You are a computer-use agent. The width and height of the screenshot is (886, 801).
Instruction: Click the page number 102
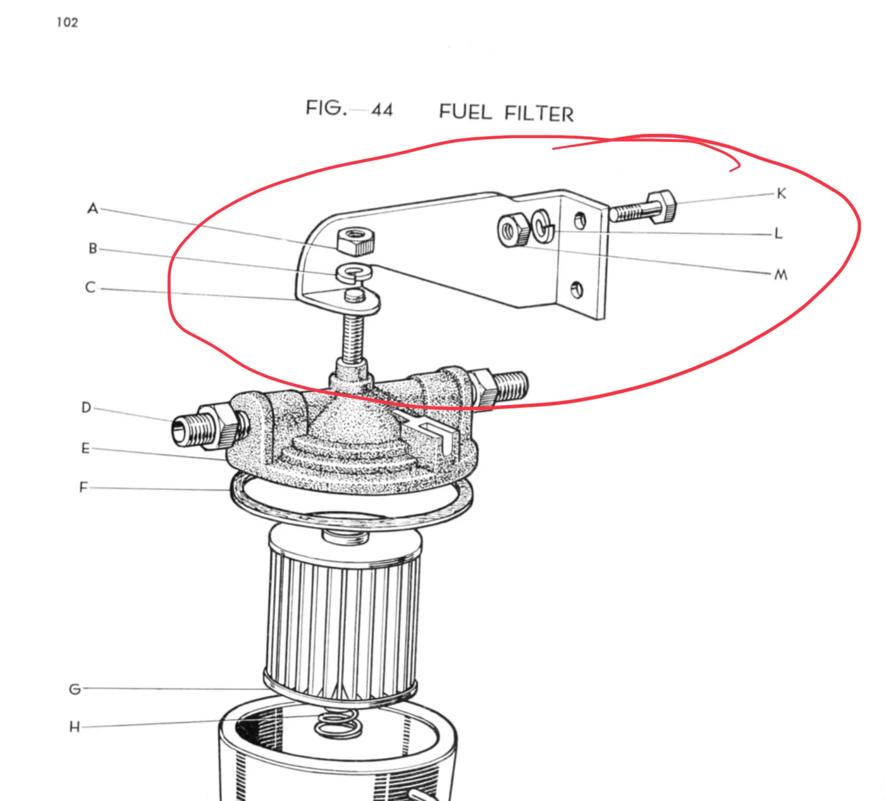coord(68,23)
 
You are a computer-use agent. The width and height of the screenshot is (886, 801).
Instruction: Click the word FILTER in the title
coord(539,114)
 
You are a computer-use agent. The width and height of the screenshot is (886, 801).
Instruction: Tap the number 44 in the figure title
coord(382,110)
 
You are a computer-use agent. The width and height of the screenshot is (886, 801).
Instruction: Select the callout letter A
coord(93,208)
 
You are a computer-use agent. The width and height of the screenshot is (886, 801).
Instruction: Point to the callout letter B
coord(93,249)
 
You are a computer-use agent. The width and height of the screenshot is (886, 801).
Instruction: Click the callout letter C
coord(90,287)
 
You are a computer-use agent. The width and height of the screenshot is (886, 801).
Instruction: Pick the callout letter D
coord(87,407)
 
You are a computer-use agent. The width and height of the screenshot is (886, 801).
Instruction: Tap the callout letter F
coord(83,487)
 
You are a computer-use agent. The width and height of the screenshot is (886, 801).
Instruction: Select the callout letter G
coord(75,689)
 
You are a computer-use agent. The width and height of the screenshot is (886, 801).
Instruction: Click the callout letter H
coord(75,727)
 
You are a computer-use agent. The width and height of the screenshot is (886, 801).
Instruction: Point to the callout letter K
coord(781,194)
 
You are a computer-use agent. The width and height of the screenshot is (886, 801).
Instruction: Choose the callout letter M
coord(781,275)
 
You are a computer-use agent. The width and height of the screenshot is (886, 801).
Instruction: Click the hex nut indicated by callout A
coord(356,242)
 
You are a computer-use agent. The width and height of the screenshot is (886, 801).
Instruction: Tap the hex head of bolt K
coord(661,206)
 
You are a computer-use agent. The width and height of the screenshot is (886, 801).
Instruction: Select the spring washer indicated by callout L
coord(543,227)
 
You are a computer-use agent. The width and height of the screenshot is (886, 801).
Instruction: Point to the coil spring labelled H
coord(338,725)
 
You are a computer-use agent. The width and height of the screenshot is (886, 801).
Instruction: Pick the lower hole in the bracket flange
coord(577,290)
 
